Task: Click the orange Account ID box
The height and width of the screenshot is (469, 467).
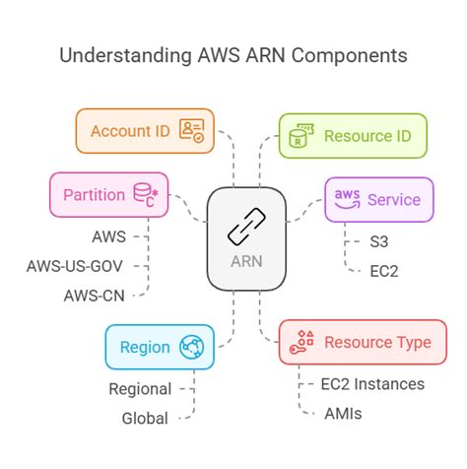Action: pos(144,131)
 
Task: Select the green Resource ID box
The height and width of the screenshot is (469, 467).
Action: pos(353,135)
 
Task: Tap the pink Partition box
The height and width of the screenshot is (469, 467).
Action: pos(104,194)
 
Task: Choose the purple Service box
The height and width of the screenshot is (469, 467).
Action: pos(378,199)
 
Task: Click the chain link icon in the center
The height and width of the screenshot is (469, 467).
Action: pos(245,228)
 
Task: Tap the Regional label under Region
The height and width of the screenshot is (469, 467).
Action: pos(140,389)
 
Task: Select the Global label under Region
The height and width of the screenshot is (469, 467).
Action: pos(145,418)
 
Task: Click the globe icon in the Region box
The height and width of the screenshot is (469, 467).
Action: pos(191,347)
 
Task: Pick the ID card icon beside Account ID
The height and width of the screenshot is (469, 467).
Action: pos(191,131)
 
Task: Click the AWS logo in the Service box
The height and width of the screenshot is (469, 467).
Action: pos(347,198)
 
